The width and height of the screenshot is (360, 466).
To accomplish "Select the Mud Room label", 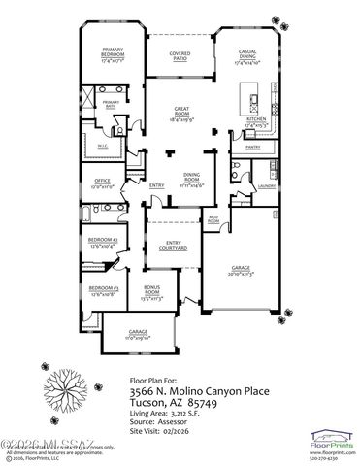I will (x=213, y=219).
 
